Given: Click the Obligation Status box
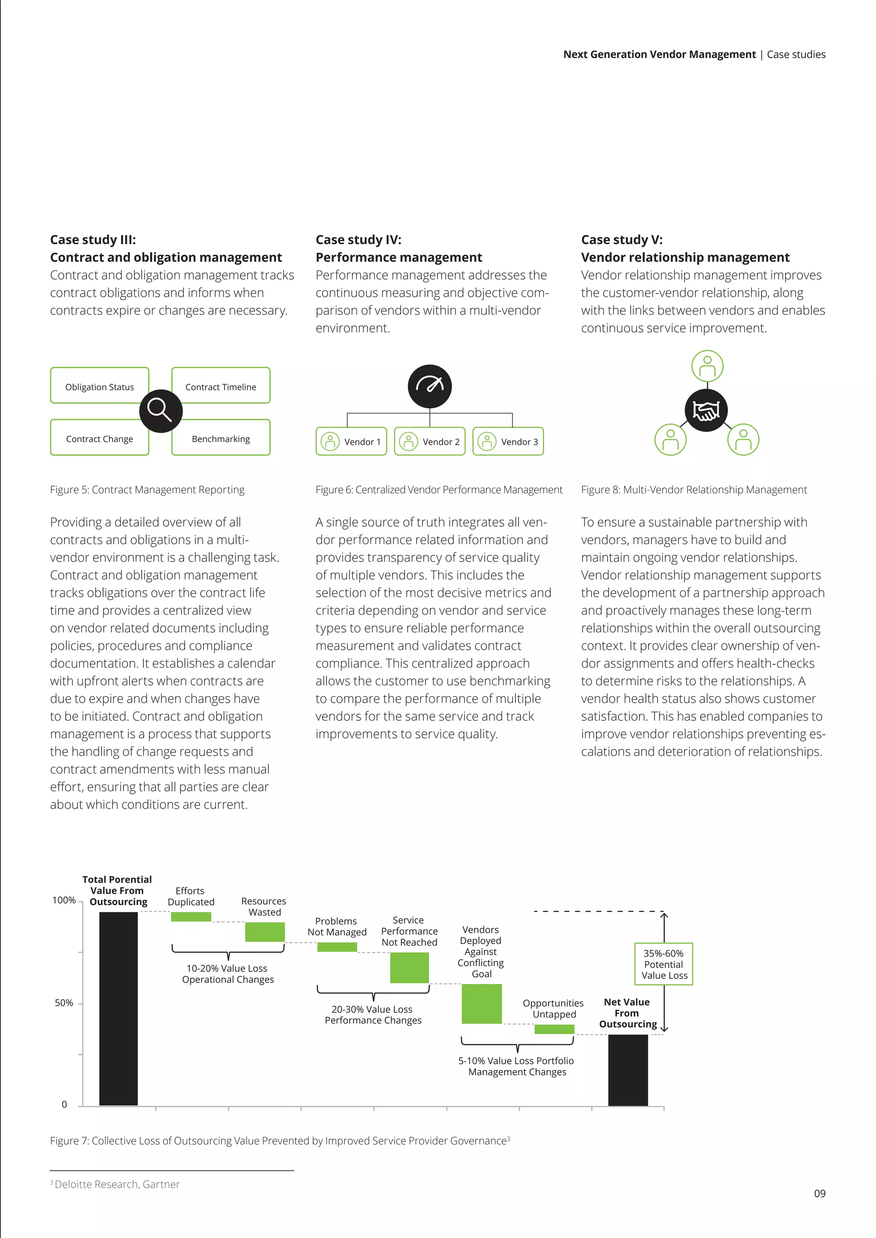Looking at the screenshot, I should point(99,386).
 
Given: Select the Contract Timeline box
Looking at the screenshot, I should point(221,386).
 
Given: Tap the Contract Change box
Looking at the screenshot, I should point(99,438).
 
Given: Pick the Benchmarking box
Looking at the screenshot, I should point(221,438).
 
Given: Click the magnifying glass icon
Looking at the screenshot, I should point(161,410).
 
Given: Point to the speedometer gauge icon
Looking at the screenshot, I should point(429,386).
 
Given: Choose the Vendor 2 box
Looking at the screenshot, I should point(429,442).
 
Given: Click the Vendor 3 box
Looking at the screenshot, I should point(508,442).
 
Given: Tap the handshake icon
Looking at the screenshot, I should point(706,410).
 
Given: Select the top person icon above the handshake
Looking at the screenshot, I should point(707,366).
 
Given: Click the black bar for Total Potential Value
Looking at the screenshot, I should point(118,1008).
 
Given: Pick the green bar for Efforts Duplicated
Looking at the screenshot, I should point(191,917).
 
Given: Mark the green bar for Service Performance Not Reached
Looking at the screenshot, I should point(409,967).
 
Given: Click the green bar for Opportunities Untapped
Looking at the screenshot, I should point(554,1029).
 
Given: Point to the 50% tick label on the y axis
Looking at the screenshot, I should point(64,1003).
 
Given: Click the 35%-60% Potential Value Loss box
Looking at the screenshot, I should point(663,964).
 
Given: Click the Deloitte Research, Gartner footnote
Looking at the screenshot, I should point(116,1184).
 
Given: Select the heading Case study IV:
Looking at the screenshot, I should point(358,239).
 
